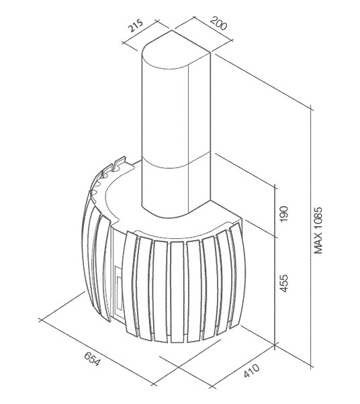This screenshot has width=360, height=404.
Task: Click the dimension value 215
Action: (x=136, y=26)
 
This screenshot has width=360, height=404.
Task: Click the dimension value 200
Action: (x=218, y=23)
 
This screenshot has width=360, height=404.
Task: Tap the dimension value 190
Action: (x=283, y=213)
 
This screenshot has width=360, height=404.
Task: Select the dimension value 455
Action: (x=283, y=283)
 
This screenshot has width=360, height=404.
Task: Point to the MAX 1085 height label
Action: (x=318, y=230)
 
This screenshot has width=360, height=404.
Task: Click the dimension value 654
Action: (x=92, y=358)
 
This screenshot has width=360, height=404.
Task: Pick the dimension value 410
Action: (x=251, y=370)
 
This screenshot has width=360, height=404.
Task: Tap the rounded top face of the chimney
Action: (x=177, y=50)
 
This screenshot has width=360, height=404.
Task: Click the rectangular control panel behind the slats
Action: (x=118, y=291)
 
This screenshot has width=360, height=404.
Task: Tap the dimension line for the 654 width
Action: (x=97, y=352)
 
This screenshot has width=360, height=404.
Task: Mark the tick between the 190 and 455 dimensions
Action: (x=275, y=238)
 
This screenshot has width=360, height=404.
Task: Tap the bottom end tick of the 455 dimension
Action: (x=275, y=344)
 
